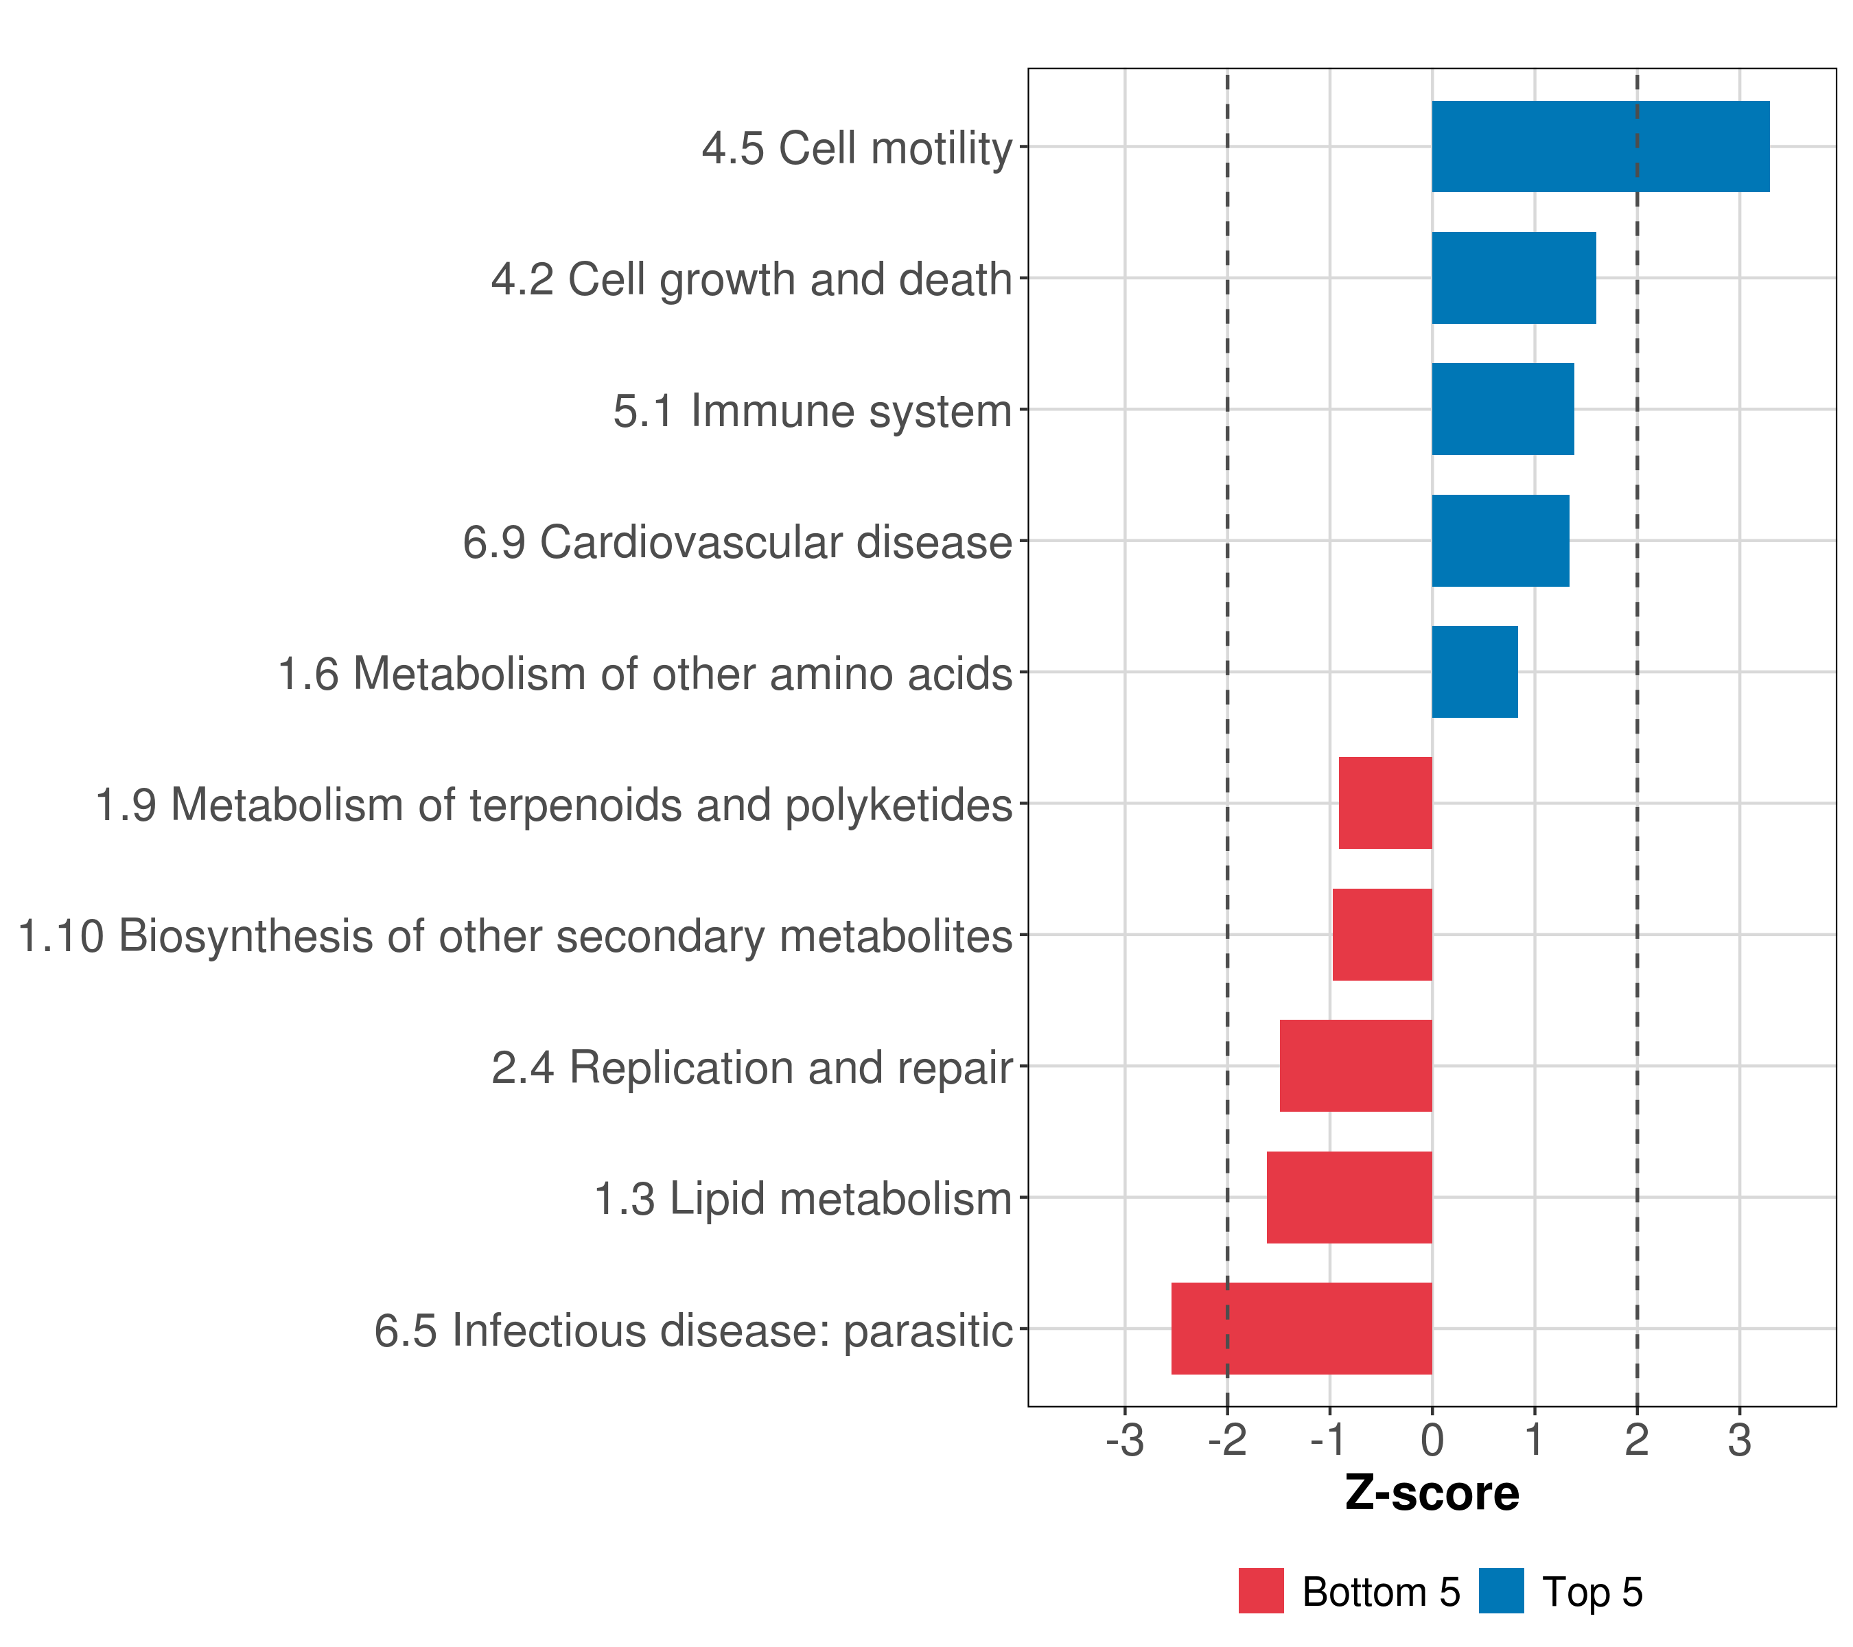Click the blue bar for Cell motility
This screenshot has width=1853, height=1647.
pyautogui.click(x=1600, y=146)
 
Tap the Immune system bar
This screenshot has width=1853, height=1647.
pyautogui.click(x=1502, y=409)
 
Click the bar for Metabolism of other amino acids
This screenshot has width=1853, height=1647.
pyautogui.click(x=1474, y=672)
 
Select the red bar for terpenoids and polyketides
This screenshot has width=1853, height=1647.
pyautogui.click(x=1385, y=803)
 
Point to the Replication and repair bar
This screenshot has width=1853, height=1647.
pyautogui.click(x=1355, y=1066)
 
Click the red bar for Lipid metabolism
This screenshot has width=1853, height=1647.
pyautogui.click(x=1349, y=1198)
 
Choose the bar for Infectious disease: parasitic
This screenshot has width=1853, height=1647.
pyautogui.click(x=1301, y=1329)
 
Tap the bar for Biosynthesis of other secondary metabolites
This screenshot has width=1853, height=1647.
pyautogui.click(x=1382, y=935)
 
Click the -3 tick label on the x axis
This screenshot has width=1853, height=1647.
pyautogui.click(x=1124, y=1441)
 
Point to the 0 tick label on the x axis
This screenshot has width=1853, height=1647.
pyautogui.click(x=1432, y=1441)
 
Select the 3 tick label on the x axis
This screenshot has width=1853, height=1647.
pyautogui.click(x=1739, y=1441)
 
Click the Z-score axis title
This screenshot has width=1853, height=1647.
pyautogui.click(x=1432, y=1494)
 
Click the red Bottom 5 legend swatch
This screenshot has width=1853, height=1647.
pyautogui.click(x=1261, y=1591)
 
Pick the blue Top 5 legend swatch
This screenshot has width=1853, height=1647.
pyautogui.click(x=1501, y=1591)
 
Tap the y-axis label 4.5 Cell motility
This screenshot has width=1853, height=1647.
pyautogui.click(x=856, y=148)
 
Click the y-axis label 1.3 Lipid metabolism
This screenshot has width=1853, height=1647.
pyautogui.click(x=802, y=1199)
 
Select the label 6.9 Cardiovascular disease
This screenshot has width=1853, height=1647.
pyautogui.click(x=737, y=542)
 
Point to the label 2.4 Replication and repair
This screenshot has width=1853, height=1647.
pyautogui.click(x=751, y=1068)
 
